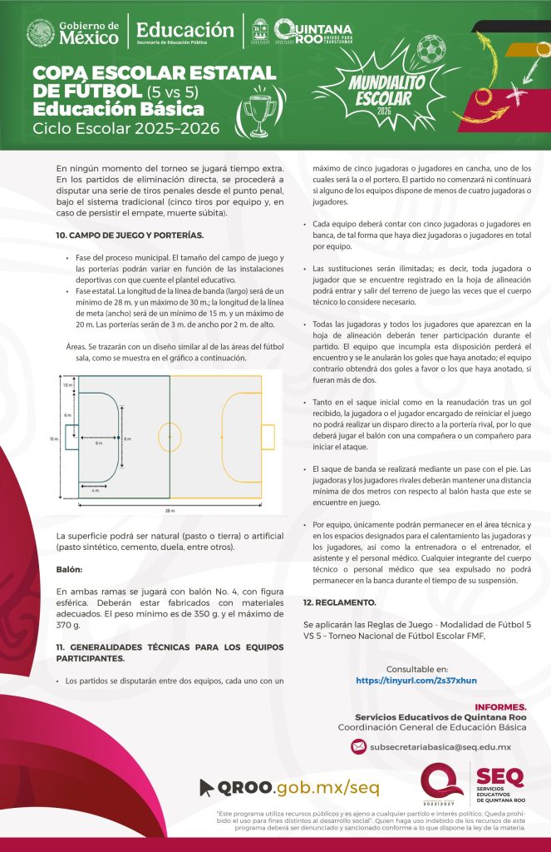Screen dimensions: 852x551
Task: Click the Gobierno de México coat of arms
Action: pyautogui.click(x=40, y=34)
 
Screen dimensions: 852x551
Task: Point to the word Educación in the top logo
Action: pyautogui.click(x=185, y=30)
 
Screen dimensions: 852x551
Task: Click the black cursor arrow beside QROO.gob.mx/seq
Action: pyautogui.click(x=207, y=787)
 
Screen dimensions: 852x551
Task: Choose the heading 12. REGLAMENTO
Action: pyautogui.click(x=340, y=602)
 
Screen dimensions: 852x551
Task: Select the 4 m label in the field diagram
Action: pyautogui.click(x=96, y=491)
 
